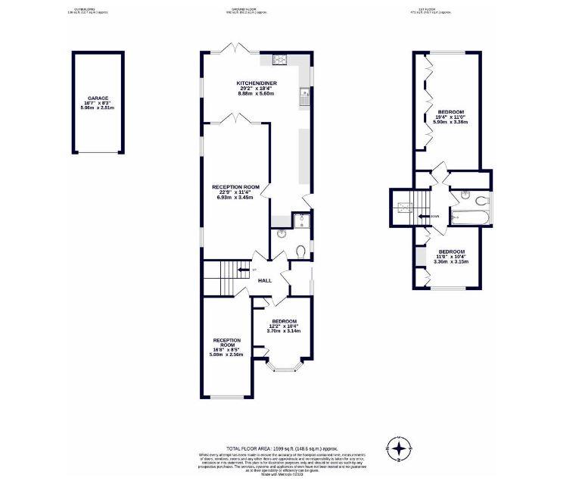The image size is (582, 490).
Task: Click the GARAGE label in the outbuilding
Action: (98, 98)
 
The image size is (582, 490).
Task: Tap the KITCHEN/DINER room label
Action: (256, 83)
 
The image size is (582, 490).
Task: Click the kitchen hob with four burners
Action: (277, 61)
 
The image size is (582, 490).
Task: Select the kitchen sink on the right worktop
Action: (303, 95)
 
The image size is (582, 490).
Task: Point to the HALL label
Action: (264, 280)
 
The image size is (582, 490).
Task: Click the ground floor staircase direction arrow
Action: (243, 269)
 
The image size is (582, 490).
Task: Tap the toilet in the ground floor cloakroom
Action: (301, 251)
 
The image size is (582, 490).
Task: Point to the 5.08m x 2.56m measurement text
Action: (226, 354)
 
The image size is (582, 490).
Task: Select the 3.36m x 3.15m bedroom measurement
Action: (451, 261)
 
